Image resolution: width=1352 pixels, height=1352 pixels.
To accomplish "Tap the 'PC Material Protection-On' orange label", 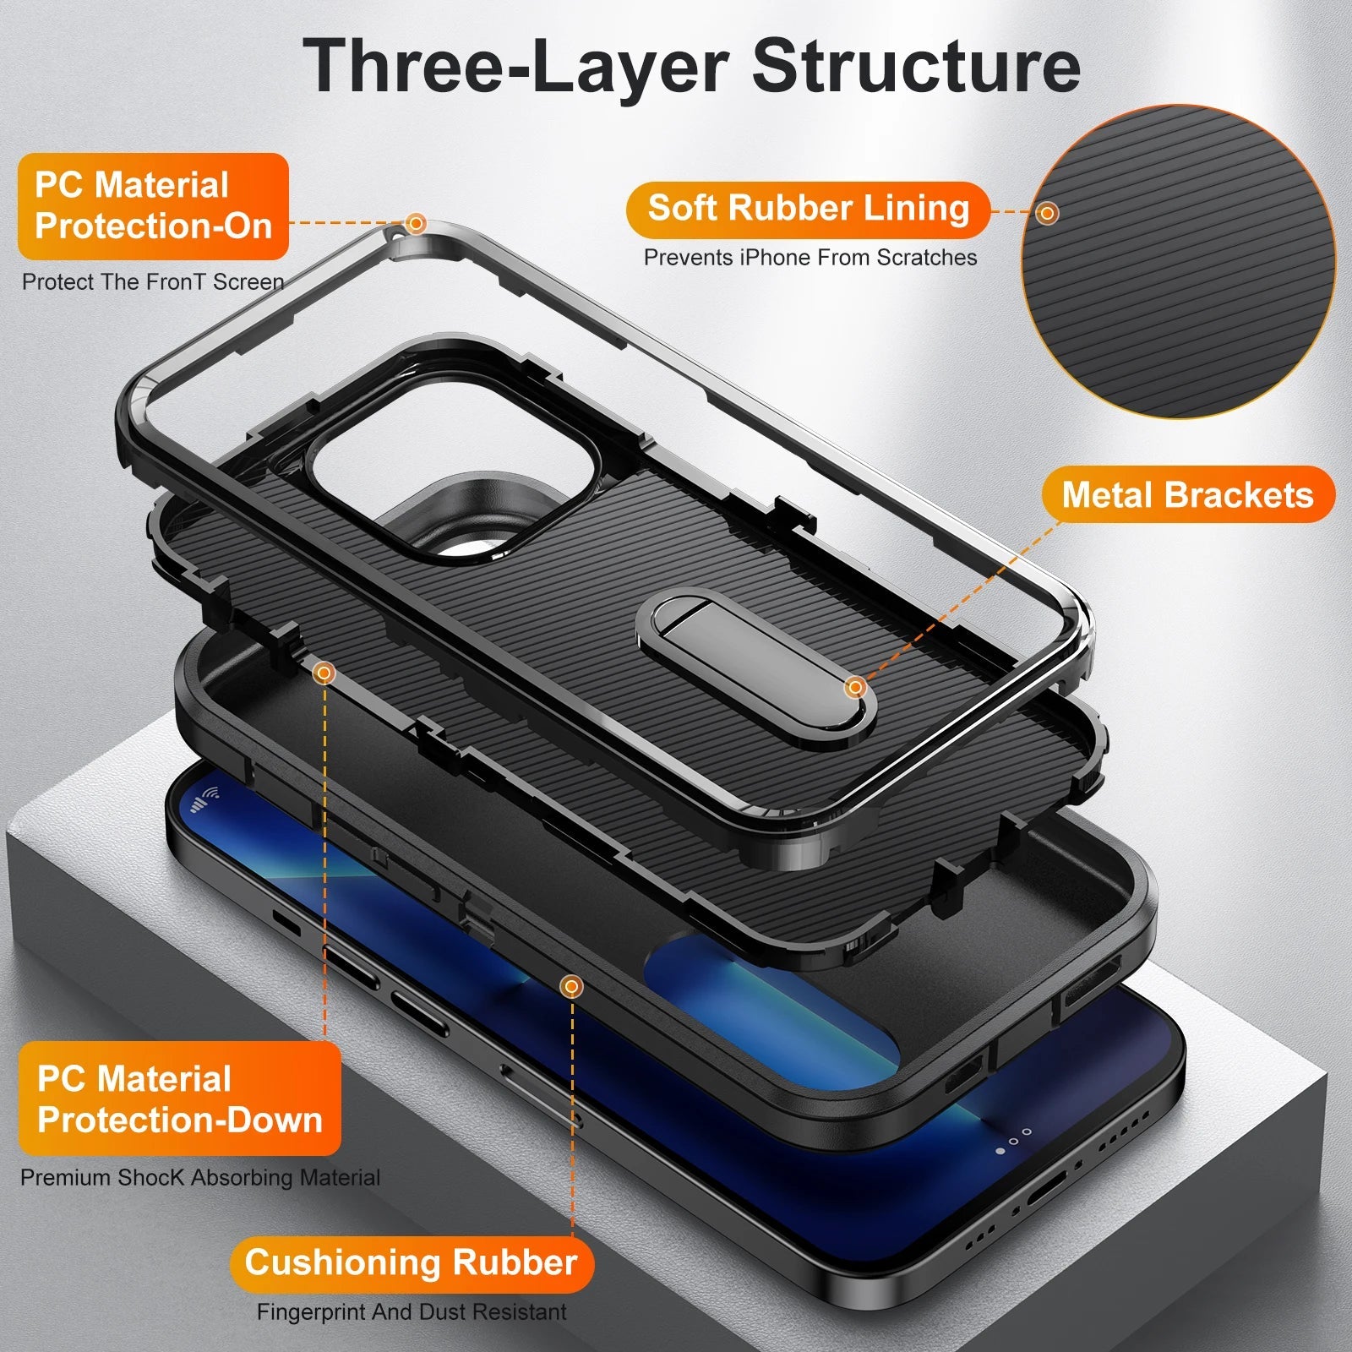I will coord(153,205).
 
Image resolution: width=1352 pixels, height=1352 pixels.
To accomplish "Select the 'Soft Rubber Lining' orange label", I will coord(808,209).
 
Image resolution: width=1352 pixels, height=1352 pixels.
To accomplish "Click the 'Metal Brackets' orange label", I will coord(1187,494).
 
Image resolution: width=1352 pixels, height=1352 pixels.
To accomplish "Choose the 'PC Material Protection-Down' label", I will coord(179,1098).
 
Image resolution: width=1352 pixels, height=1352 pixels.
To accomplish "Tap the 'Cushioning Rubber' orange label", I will coord(412,1262).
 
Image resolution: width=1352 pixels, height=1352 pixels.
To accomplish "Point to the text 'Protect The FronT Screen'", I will coord(153,281).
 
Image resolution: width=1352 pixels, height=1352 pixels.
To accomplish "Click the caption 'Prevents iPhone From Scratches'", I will coord(810,257).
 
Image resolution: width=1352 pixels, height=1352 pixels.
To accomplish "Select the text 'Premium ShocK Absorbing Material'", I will coord(200,1177).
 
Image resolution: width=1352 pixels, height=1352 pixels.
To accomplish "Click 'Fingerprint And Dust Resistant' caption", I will coord(412,1312).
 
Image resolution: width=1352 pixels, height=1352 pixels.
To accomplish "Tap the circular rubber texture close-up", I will coord(1178,262).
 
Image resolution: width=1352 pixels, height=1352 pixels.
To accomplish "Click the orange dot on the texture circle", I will coord(1047,213).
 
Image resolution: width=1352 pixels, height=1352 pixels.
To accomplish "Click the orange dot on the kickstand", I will coord(855,687).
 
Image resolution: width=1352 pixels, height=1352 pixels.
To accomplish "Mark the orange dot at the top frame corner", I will coord(415,223).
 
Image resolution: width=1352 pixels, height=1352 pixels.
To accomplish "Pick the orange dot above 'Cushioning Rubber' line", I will coord(572,986).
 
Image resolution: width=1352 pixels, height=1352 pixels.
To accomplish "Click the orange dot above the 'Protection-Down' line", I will coord(324,673).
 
